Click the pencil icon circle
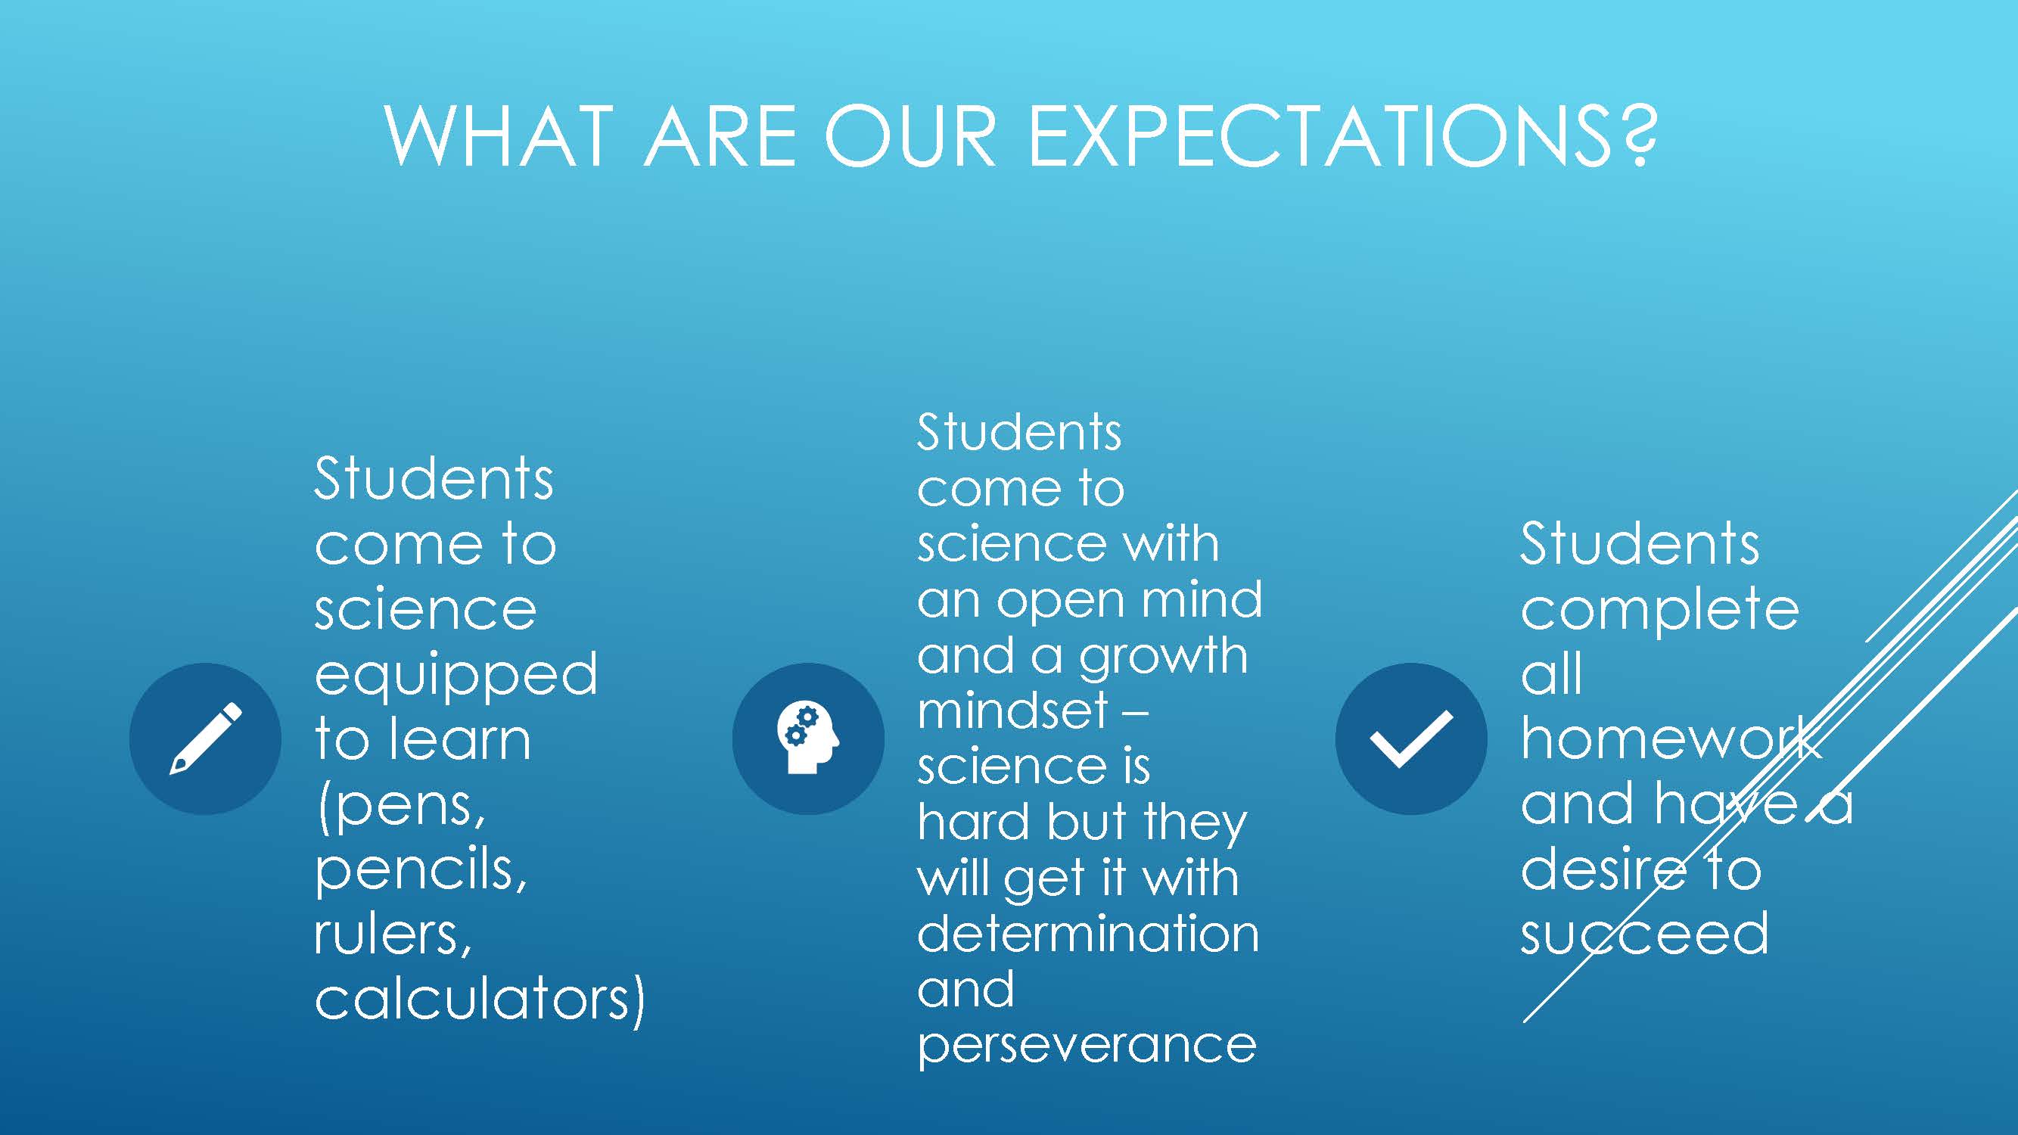[x=205, y=739]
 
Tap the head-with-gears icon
[x=808, y=739]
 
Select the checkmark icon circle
[x=1412, y=739]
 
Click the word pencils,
[x=421, y=869]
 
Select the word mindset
[x=1013, y=711]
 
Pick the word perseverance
[x=1087, y=1046]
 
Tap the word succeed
[x=1644, y=932]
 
